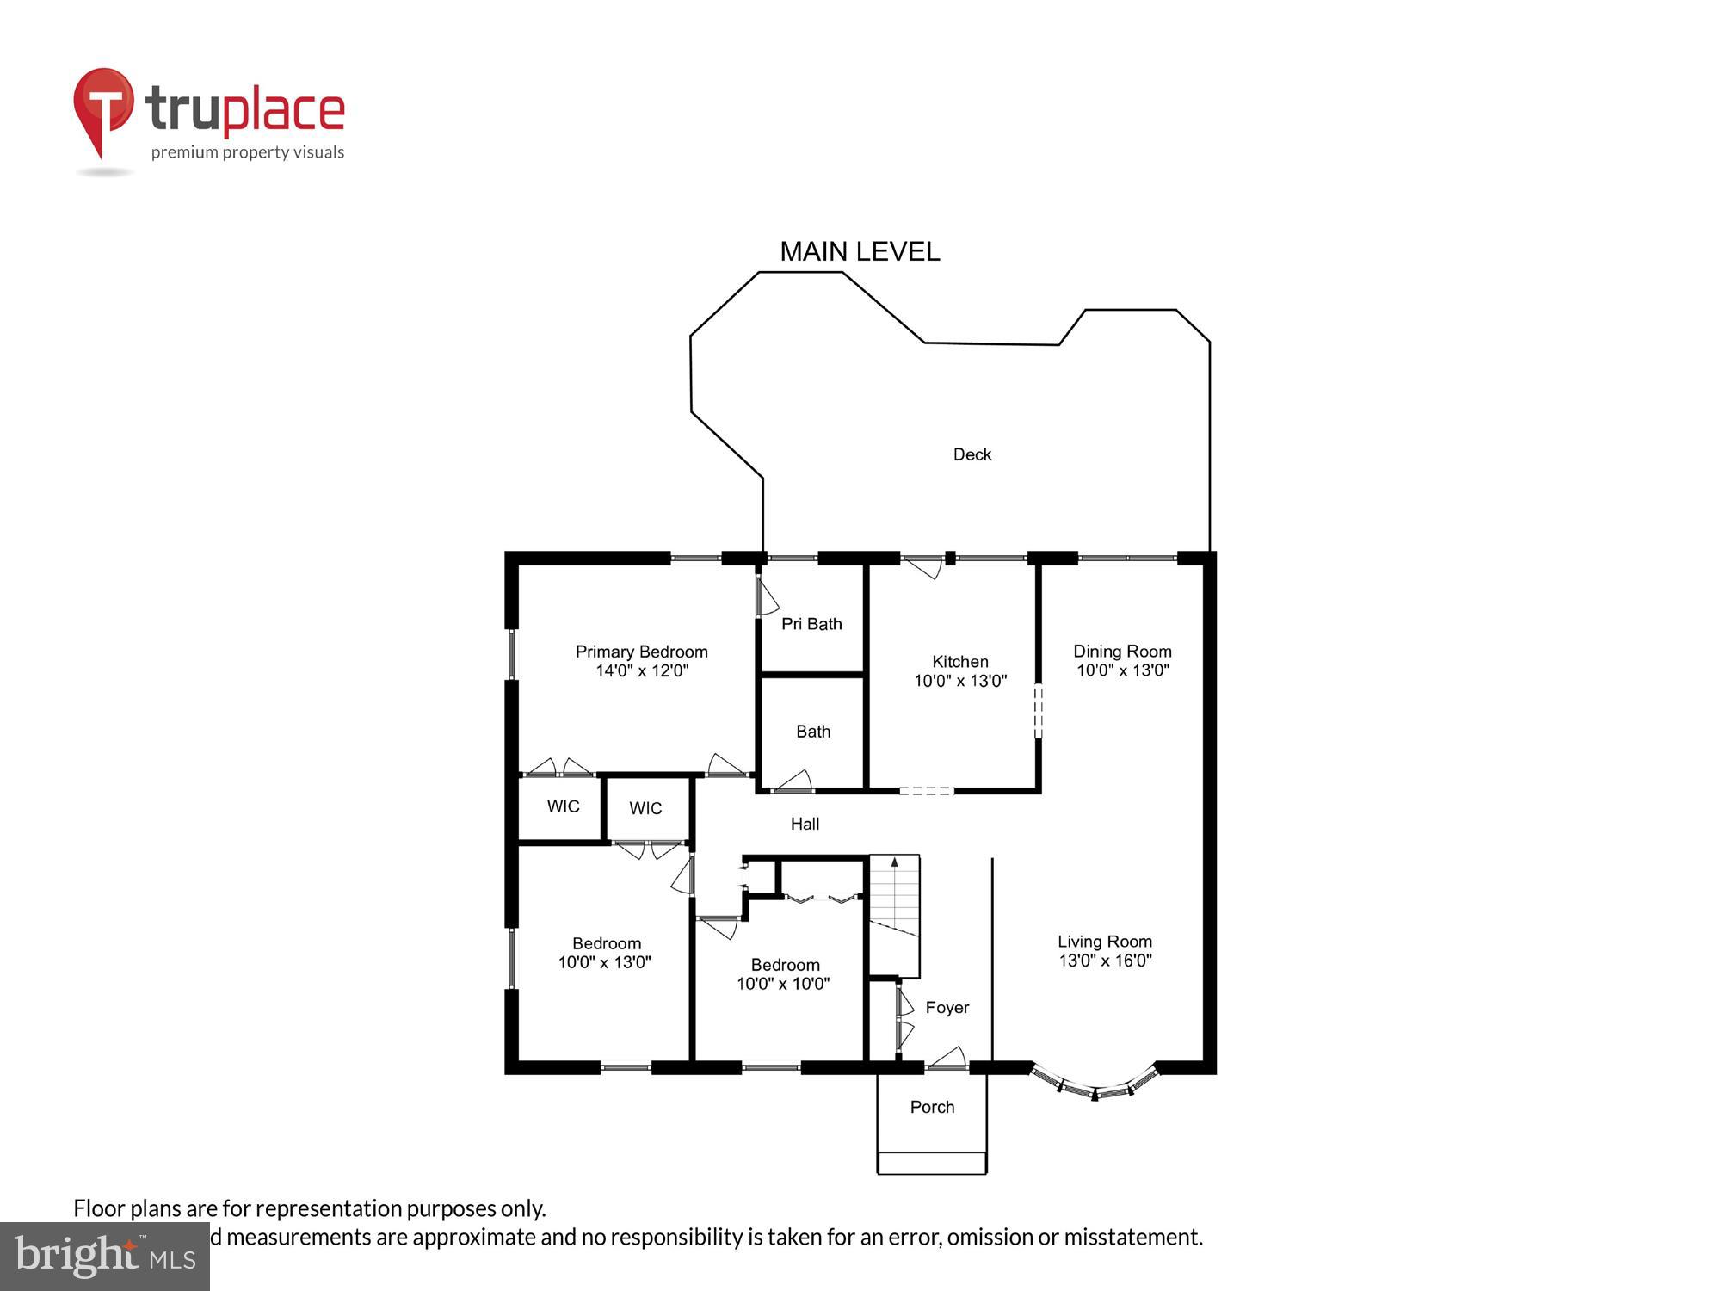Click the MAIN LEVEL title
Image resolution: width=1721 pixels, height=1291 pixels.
coord(859,251)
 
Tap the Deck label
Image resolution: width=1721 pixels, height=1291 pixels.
coord(972,454)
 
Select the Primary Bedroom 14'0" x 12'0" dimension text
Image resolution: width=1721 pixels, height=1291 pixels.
coord(642,670)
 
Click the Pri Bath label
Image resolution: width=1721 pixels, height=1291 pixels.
coord(811,624)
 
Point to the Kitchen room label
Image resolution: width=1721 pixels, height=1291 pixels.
coord(959,661)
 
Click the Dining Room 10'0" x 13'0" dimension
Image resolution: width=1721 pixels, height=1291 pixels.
coord(1122,670)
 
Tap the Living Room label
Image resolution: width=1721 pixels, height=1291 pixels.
coord(1104,942)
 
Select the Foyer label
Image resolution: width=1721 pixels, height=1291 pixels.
coord(947,1007)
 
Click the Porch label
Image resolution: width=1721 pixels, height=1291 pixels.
coord(932,1107)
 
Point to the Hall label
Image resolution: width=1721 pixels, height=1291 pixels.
coord(805,824)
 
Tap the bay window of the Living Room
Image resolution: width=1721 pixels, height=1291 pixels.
coord(1095,1086)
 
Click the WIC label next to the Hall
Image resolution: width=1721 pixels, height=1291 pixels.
coord(645,808)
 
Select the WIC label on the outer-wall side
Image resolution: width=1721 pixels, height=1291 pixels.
coord(563,806)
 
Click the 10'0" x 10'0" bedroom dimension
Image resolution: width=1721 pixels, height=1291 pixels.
coord(783,984)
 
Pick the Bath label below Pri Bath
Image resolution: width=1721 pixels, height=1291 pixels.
coord(813,732)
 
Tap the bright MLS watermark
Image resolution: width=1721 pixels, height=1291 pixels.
coord(105,1257)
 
